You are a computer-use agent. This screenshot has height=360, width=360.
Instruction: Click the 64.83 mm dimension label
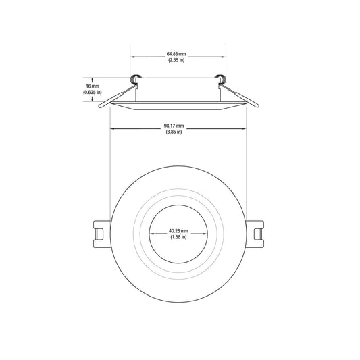[x=176, y=55]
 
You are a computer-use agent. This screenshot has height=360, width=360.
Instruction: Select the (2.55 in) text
[x=176, y=60]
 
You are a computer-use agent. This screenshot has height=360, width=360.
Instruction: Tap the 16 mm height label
[x=93, y=86]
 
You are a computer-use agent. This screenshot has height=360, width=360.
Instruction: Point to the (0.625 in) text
[x=93, y=93]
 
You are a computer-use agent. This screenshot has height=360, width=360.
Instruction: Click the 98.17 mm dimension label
[x=174, y=126]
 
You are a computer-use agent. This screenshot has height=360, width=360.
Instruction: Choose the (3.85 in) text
[x=174, y=132]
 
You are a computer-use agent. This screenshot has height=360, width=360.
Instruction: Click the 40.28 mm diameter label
[x=178, y=231]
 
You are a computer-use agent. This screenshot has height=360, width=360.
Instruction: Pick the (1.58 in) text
[x=178, y=237]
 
